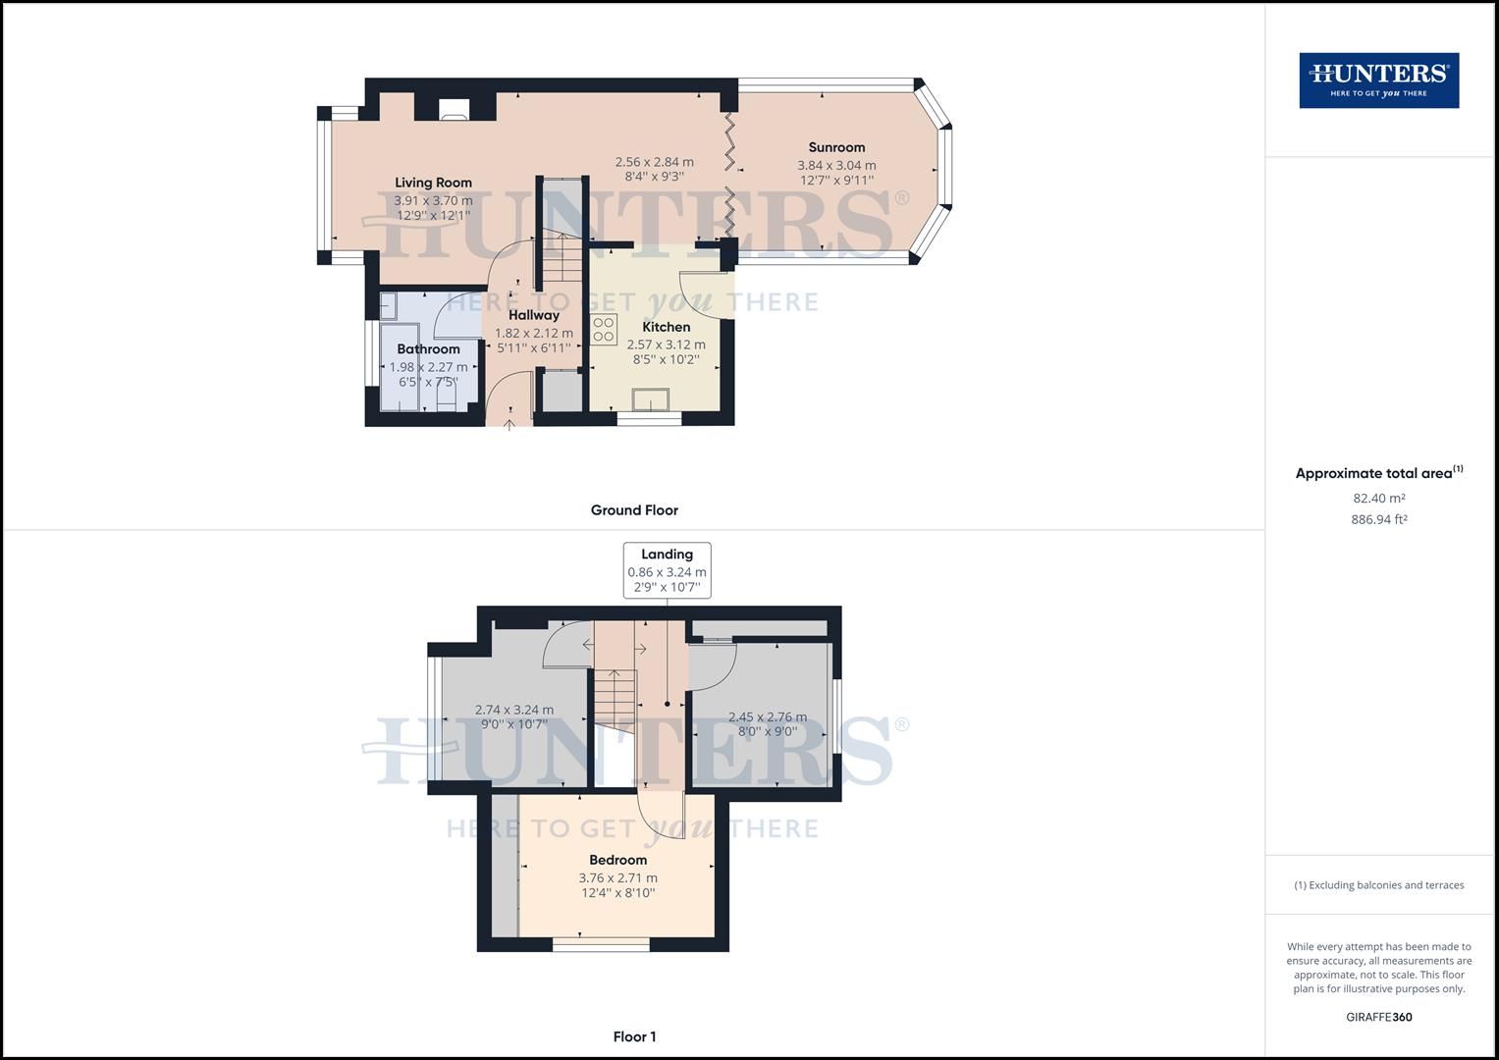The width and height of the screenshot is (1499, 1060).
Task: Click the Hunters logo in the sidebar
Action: coord(1378,80)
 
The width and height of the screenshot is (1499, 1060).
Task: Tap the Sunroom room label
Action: coord(836,147)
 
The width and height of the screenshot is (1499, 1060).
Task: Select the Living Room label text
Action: coord(433,183)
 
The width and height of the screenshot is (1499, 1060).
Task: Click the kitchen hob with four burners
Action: coord(604,329)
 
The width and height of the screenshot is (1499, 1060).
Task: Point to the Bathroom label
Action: coord(428,349)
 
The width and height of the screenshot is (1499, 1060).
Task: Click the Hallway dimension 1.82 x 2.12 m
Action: coord(534,334)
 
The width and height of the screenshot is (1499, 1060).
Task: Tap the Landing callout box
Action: coord(667,570)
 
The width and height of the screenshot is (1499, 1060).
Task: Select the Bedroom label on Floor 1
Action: coord(617,860)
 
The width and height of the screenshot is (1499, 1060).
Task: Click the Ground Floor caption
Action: coord(634,510)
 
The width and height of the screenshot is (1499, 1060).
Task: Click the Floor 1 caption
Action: coord(634,1036)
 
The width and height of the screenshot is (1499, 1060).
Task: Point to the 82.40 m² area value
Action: coord(1378,499)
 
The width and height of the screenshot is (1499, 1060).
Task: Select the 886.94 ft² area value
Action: coord(1378,520)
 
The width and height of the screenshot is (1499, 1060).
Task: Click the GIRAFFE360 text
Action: coord(1378,1017)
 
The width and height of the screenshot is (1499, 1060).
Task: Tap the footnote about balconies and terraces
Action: coord(1378,885)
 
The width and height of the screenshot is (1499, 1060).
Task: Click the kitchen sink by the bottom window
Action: coord(651,399)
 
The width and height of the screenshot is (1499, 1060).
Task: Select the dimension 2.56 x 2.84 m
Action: coord(654,163)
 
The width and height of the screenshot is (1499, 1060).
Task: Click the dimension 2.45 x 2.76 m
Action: coord(767,717)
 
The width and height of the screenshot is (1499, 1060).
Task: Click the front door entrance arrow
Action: coord(509,423)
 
